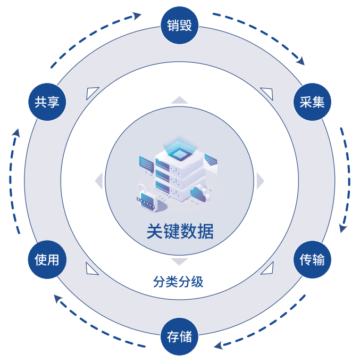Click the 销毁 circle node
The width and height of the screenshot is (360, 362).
180,25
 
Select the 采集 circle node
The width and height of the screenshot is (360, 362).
312,102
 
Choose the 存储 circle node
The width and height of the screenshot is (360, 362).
180,336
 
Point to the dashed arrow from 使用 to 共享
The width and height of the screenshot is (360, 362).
14,181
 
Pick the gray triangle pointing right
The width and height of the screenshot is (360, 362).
260,181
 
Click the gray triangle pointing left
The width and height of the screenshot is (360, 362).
99,181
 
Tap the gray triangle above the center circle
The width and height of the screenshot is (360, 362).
180,101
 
